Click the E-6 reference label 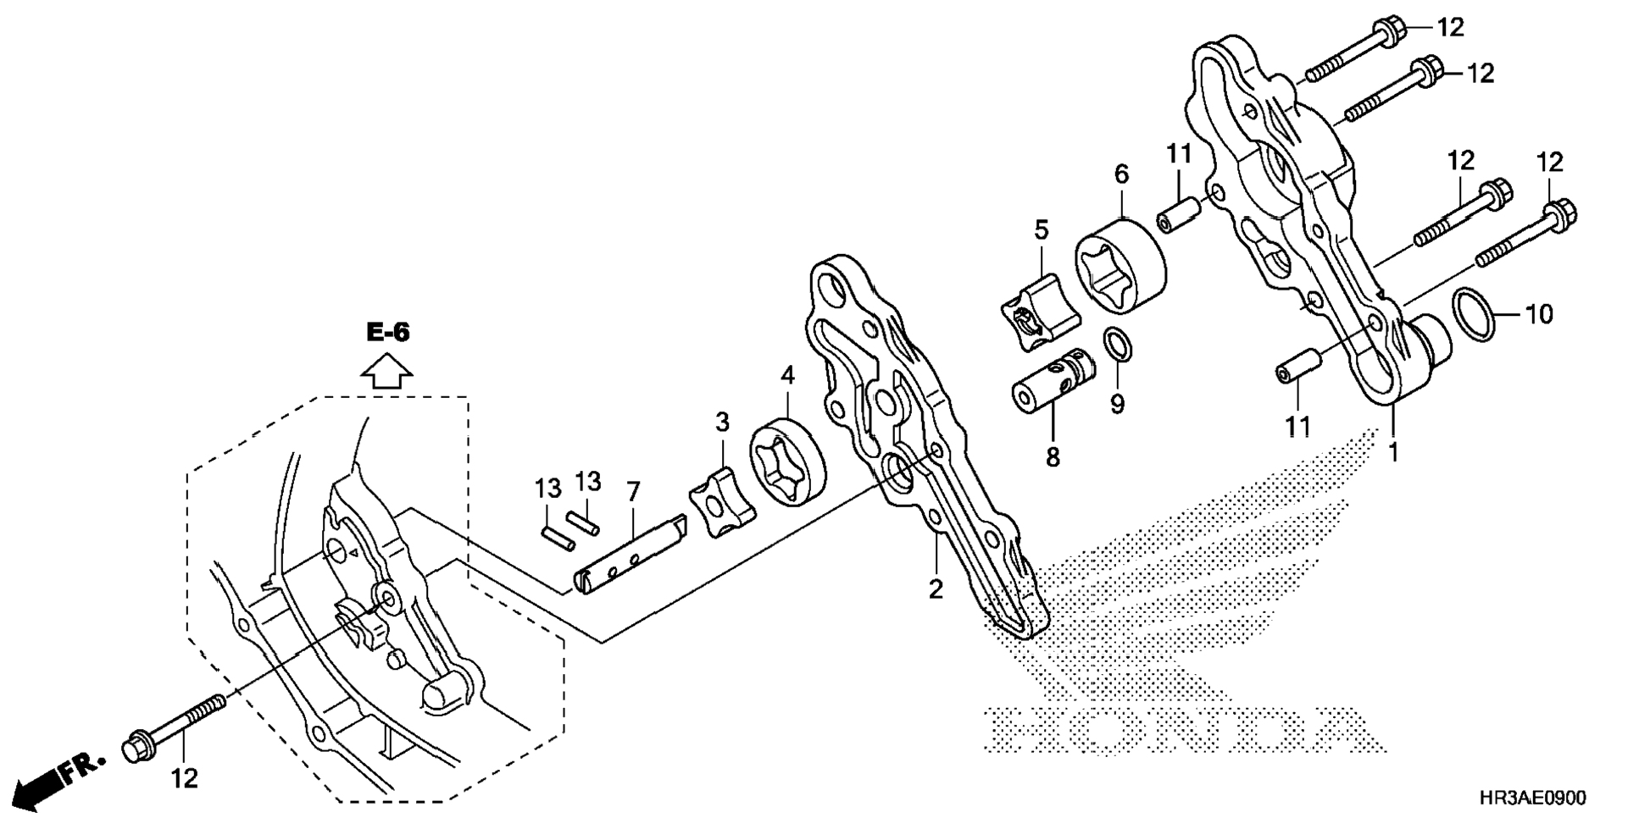[387, 333]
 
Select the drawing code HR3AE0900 [1532, 799]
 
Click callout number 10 [1539, 315]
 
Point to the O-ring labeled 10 [1475, 315]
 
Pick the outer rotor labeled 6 [1120, 266]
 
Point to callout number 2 [936, 589]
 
